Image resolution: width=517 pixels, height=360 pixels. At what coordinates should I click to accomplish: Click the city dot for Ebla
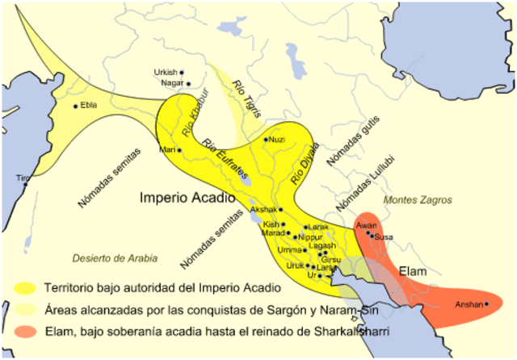click(76, 106)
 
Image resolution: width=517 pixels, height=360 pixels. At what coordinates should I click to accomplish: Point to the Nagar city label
click(171, 83)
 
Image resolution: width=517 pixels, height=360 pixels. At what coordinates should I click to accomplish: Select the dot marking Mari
click(179, 150)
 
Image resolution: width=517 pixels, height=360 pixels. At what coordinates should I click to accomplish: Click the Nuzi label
click(277, 140)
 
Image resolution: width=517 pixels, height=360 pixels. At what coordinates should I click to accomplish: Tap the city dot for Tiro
click(25, 184)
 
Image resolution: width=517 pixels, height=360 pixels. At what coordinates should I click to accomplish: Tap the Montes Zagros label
click(418, 199)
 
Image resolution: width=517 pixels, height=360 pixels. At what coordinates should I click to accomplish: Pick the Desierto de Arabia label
click(115, 258)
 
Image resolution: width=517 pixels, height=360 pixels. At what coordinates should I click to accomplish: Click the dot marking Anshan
click(487, 304)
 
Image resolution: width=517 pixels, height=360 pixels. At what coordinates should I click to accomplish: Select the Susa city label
click(384, 237)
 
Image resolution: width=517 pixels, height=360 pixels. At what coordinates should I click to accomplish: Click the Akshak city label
click(264, 209)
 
